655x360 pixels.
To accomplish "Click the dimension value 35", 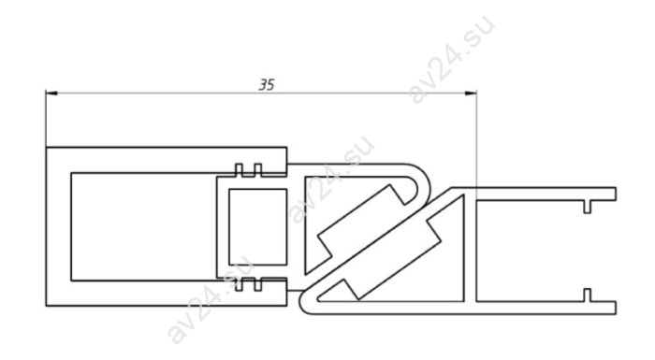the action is [267, 85].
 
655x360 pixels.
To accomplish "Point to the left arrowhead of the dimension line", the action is [51, 94].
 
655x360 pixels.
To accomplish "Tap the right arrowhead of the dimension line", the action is [471, 94].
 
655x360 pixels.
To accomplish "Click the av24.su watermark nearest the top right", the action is [451, 59].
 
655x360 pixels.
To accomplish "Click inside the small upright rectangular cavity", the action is [257, 227].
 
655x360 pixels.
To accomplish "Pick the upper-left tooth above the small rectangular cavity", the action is [239, 169].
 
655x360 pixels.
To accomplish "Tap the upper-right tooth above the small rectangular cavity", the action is [257, 169].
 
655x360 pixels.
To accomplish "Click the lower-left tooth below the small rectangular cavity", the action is [239, 284].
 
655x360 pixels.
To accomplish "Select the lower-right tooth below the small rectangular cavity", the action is [257, 284].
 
